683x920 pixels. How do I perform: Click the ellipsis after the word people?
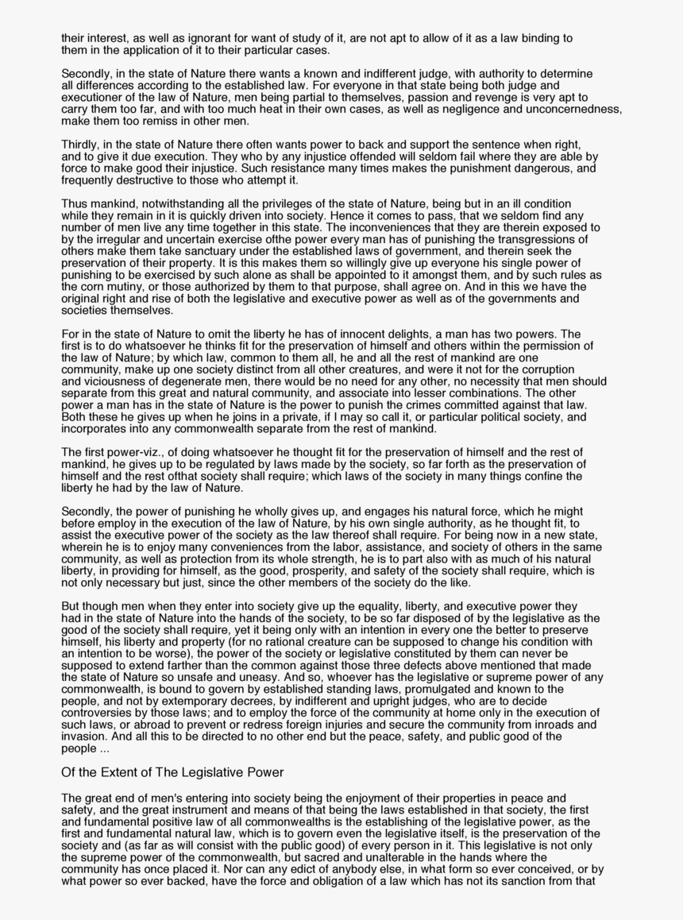[104, 748]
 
